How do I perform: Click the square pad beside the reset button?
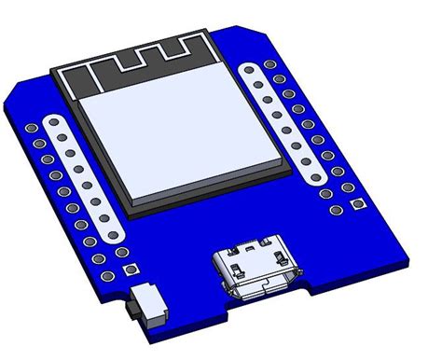click(x=128, y=271)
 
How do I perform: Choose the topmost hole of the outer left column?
click(x=32, y=128)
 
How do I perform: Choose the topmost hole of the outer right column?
click(x=270, y=66)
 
